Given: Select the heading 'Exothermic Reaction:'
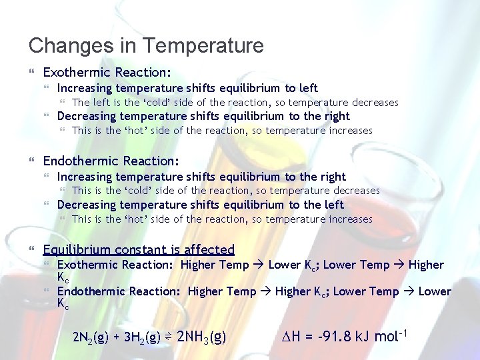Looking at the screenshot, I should (107, 71).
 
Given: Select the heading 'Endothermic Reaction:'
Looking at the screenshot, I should (111, 161).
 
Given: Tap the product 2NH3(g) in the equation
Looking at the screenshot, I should (202, 336).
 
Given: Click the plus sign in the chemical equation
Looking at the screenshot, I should (120, 337).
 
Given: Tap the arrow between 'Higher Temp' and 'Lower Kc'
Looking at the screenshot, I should (259, 265).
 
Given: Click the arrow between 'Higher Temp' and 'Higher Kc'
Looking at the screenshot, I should (265, 291).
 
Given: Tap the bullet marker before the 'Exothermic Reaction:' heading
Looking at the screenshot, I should (33, 71).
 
